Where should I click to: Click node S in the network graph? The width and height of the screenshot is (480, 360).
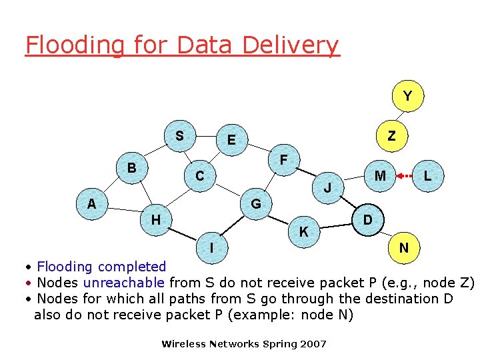coord(179,136)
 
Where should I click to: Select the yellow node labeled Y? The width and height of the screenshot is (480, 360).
coord(407,97)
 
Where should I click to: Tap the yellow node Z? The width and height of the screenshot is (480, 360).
coord(391,136)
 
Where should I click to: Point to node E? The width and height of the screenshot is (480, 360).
coord(231,140)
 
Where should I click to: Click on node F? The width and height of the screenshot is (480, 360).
coord(284,160)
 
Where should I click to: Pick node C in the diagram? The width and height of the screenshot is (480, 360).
coord(199,177)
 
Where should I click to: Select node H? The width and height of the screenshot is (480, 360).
coord(155,219)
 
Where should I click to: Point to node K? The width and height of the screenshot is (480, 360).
coord(303,232)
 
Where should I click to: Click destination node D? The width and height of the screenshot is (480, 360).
coord(367,220)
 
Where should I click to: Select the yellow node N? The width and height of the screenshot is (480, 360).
coord(404,248)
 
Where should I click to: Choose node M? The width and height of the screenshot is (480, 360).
coord(380,176)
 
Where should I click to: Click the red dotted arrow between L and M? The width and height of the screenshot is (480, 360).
coord(403,177)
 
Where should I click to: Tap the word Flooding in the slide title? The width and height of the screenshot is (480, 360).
coord(73,45)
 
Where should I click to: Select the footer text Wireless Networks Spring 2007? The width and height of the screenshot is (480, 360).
coord(244,344)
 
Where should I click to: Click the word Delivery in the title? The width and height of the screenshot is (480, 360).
coord(291,45)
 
